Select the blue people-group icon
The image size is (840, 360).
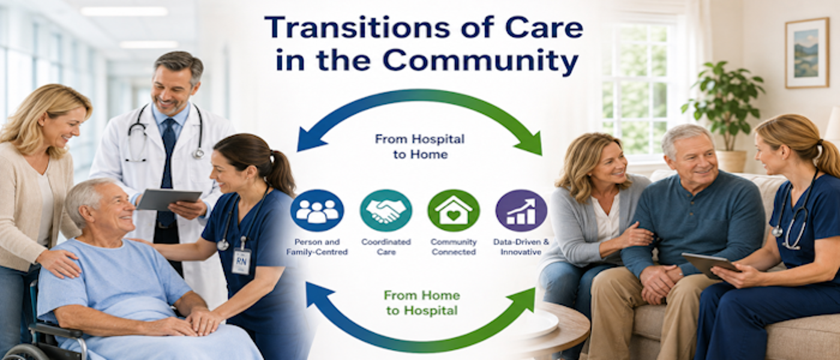click(317, 211)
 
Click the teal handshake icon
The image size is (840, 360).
click(386, 211)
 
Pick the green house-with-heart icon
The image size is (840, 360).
click(454, 211)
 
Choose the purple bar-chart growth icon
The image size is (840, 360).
click(521, 211)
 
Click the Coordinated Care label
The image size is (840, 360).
click(386, 247)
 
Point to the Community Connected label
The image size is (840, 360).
click(454, 247)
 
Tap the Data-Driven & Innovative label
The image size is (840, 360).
click(521, 247)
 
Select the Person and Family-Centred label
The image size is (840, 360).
click(317, 247)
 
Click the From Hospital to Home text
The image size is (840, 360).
click(420, 146)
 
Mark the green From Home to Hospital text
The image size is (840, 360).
click(422, 303)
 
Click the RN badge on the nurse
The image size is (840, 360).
click(241, 261)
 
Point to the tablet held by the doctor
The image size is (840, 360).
click(169, 199)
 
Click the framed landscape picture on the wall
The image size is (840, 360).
click(807, 53)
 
